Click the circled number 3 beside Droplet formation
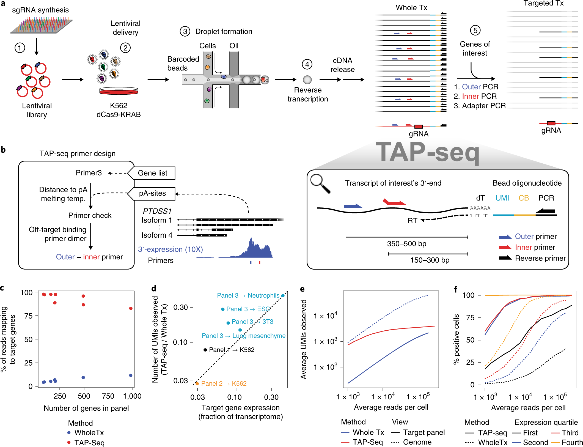click(185, 32)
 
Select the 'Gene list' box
click(153, 173)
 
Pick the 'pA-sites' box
click(152, 193)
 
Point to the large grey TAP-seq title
click(428, 152)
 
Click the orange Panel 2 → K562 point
click(197, 383)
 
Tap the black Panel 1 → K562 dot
click(205, 350)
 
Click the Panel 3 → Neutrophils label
click(248, 295)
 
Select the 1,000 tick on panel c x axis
click(132, 396)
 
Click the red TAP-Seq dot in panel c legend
click(69, 442)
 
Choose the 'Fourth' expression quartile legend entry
click(572, 442)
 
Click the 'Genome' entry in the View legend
click(417, 442)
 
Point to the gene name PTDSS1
click(157, 211)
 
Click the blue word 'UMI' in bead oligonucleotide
click(502, 198)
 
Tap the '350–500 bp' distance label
click(406, 244)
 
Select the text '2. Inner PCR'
click(475, 96)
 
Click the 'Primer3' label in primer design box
click(89, 173)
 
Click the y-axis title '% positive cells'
click(456, 339)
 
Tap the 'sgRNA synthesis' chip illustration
click(41, 26)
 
